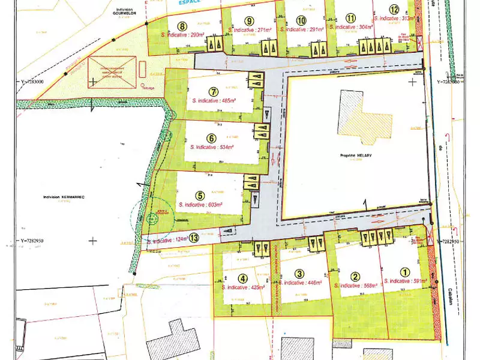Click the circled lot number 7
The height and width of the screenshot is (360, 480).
coord(212,92)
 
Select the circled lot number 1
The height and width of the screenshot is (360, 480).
coord(404,271)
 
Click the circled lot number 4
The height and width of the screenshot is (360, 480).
coord(242,278)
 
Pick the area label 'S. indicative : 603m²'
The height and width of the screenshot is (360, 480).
coord(201,205)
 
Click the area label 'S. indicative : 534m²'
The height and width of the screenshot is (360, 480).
coord(211,146)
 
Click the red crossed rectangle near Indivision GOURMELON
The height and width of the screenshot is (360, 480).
coord(112,73)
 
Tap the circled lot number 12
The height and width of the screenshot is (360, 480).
coord(394,9)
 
